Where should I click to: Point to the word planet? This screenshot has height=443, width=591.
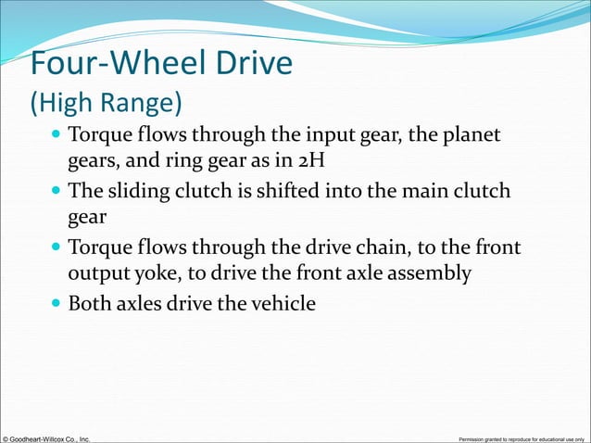pos(472,136)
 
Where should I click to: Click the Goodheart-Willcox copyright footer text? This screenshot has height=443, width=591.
pos(46,437)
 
